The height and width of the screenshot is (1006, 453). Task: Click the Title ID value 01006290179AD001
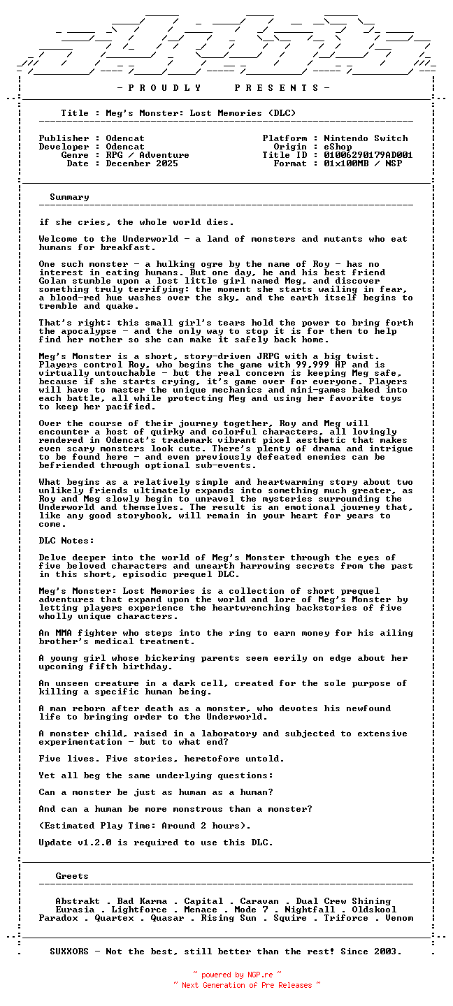tap(368, 155)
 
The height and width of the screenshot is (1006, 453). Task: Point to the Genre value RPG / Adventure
tap(148, 155)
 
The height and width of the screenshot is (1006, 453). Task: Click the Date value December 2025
tap(142, 163)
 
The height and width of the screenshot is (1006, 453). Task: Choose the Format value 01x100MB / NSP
tap(363, 163)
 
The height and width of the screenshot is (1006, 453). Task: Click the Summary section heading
tap(69, 197)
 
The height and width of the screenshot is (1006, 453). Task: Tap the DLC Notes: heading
tap(66, 541)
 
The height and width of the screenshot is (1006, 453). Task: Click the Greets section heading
tap(72, 876)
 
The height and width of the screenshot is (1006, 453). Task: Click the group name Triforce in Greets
tap(346, 918)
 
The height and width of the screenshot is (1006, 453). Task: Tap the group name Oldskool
tap(374, 910)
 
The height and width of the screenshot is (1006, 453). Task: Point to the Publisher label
tap(64, 138)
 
